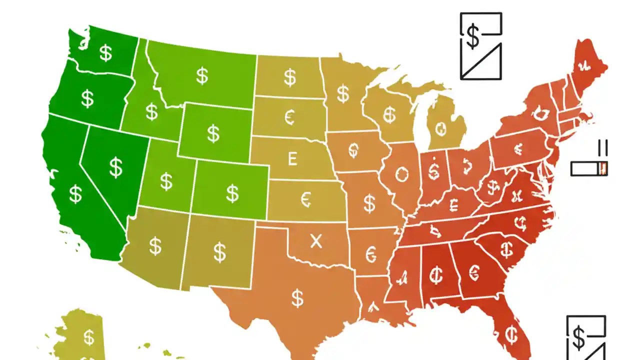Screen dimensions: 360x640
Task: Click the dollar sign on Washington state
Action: pyautogui.click(x=105, y=52)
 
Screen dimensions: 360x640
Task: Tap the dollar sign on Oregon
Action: pyautogui.click(x=87, y=98)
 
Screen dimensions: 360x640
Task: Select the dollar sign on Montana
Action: pyautogui.click(x=202, y=76)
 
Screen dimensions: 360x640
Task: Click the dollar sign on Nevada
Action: pyautogui.click(x=116, y=167)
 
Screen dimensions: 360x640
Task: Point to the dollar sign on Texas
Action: pyautogui.click(x=298, y=298)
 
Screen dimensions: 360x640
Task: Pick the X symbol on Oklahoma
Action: pyautogui.click(x=316, y=241)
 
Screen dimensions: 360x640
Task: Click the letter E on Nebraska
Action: pyautogui.click(x=292, y=159)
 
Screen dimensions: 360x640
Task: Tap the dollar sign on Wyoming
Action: pyautogui.click(x=213, y=133)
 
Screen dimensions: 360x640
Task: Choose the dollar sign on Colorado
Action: pyautogui.click(x=232, y=193)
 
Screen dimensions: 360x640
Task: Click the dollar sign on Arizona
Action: pyautogui.click(x=155, y=246)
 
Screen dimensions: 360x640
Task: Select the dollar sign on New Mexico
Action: pyautogui.click(x=220, y=252)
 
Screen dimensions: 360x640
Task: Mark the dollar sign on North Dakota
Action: pyautogui.click(x=289, y=78)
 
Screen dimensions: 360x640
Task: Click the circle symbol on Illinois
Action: pyautogui.click(x=401, y=175)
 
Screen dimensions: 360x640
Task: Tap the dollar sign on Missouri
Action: pyautogui.click(x=369, y=203)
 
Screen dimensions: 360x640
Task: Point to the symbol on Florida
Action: pyautogui.click(x=511, y=333)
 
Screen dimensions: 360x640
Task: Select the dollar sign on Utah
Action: pyautogui.click(x=166, y=181)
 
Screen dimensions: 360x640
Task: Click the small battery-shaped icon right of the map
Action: pyautogui.click(x=589, y=168)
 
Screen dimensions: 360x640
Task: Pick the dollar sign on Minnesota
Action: pyautogui.click(x=342, y=93)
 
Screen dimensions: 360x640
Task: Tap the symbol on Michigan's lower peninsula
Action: pyautogui.click(x=440, y=128)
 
